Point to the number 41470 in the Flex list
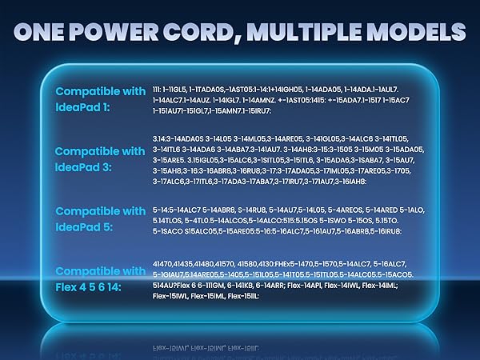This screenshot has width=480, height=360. [x=162, y=262]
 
